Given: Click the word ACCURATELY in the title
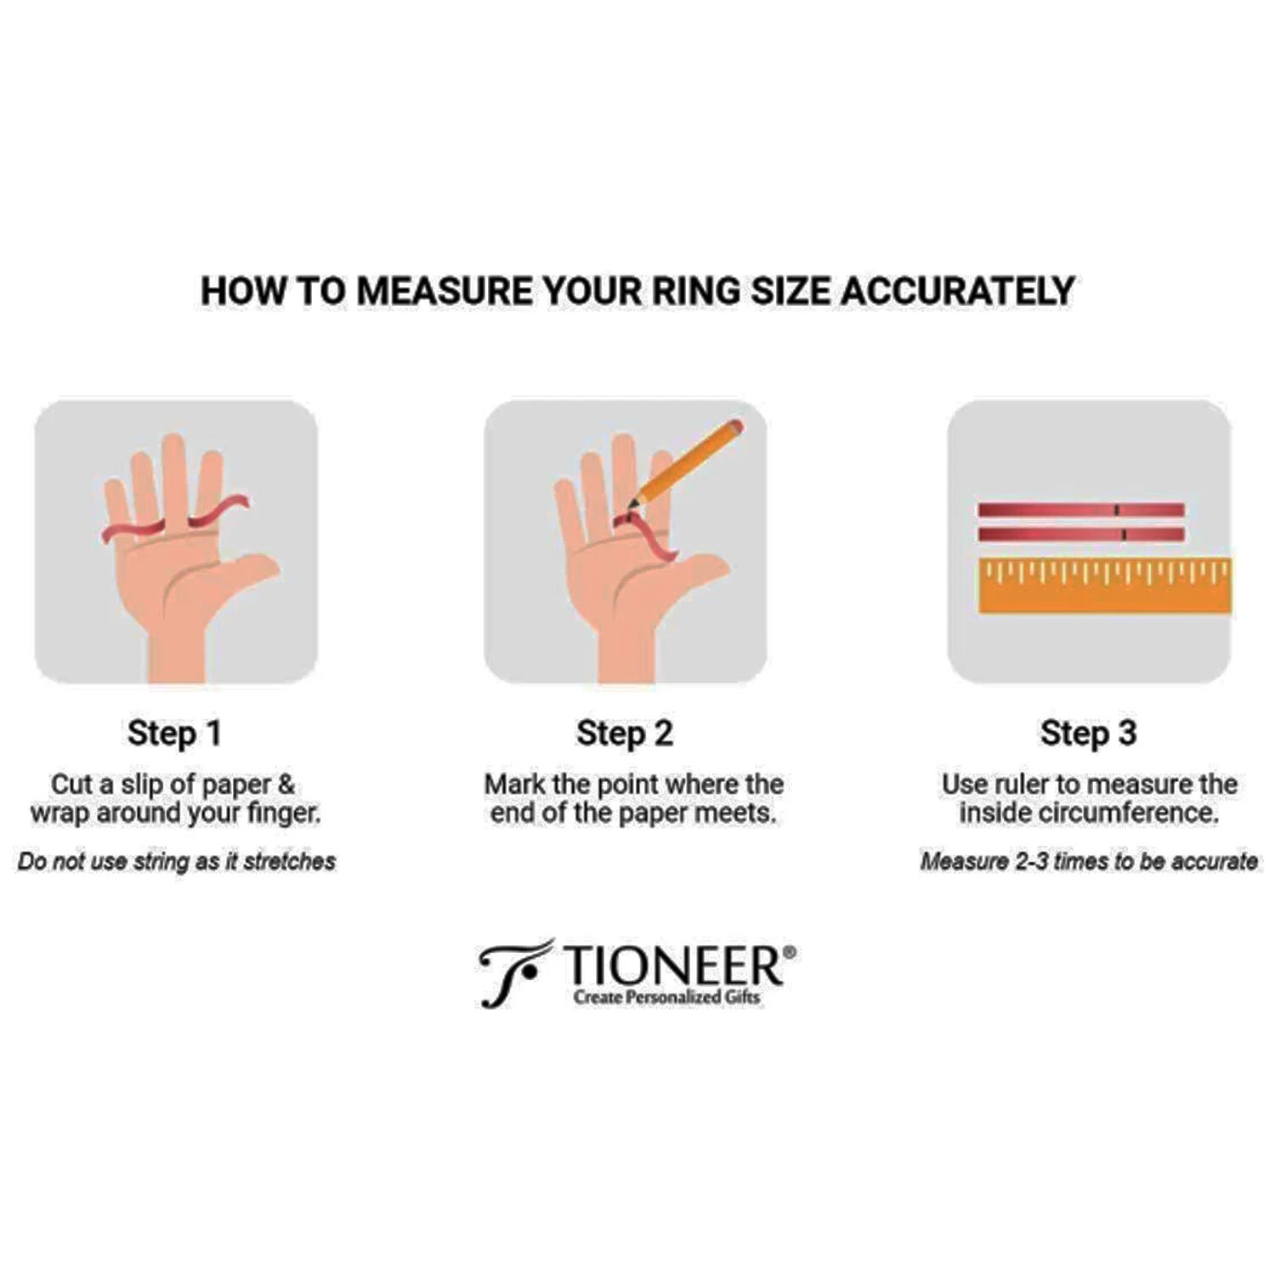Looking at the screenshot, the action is [x=957, y=291].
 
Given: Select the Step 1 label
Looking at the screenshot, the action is [x=174, y=734].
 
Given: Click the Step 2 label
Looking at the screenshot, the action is [x=625, y=734].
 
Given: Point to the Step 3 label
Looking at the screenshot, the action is [x=1089, y=734].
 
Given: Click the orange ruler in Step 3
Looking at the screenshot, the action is [x=1105, y=585].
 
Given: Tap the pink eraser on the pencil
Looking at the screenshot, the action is [x=734, y=427].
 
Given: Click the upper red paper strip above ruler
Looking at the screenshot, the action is [x=1080, y=510].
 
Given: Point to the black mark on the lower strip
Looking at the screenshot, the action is [x=1124, y=535].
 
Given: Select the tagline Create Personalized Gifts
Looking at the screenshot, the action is [x=667, y=997].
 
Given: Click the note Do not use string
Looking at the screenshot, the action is [x=177, y=862].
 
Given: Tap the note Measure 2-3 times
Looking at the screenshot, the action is [x=1089, y=862].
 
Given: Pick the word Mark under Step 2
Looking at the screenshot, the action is [x=515, y=784].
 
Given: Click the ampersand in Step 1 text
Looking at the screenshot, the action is [x=286, y=784].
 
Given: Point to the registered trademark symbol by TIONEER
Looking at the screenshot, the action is [x=789, y=953].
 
